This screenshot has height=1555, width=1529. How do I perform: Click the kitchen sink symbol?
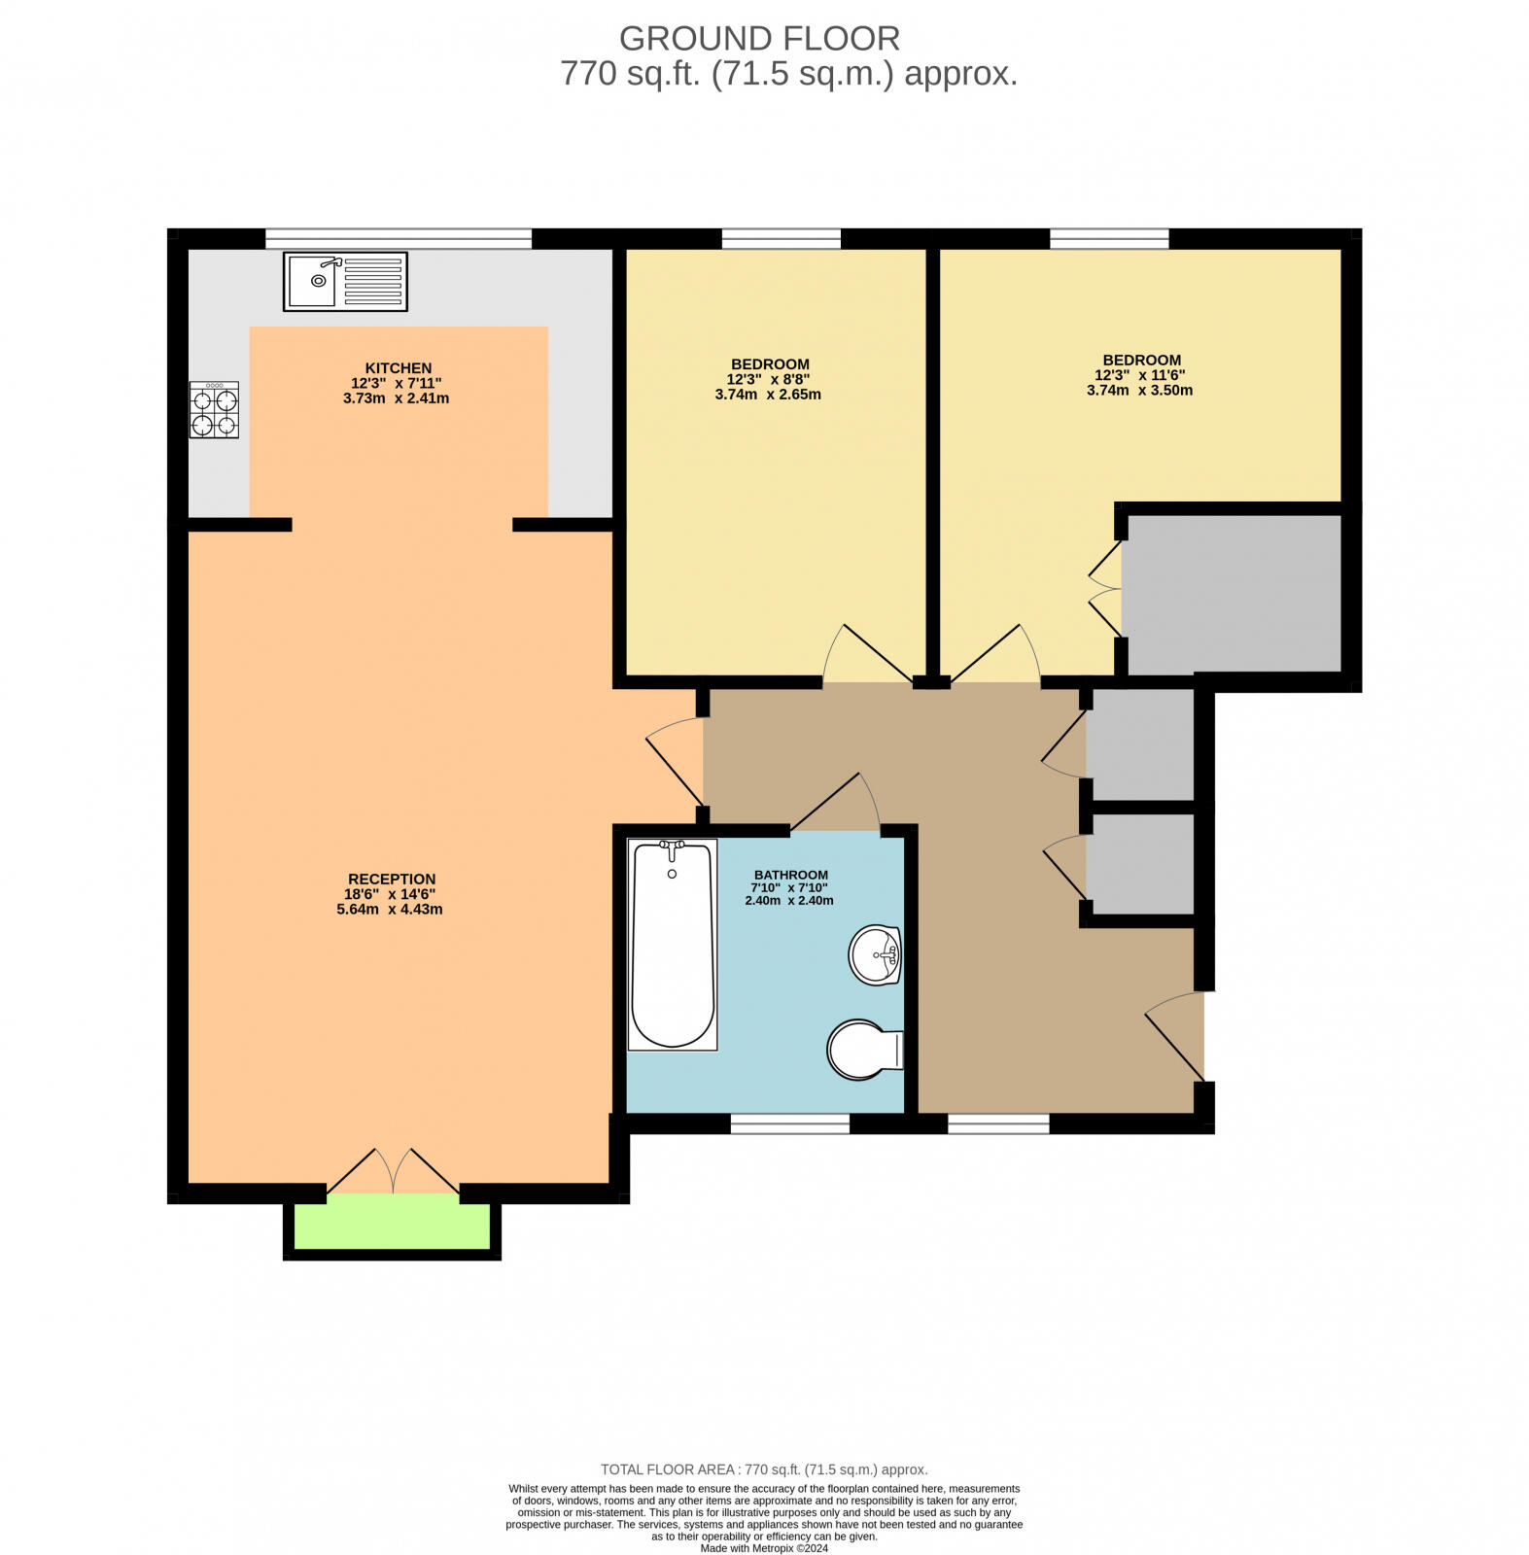344,282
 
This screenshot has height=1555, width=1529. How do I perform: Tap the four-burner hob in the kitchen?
214,410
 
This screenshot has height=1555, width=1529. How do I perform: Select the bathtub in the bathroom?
672,945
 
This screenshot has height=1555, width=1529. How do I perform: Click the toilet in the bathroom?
864,1050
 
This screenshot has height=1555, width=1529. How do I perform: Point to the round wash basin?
875,954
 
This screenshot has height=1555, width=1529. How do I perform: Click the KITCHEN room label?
398,367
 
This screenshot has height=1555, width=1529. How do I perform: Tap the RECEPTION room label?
392,879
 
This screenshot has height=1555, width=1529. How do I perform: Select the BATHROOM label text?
789,875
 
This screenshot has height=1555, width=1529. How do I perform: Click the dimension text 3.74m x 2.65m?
768,395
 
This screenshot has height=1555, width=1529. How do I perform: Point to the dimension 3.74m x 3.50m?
1139,391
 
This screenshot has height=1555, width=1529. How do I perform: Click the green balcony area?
393,1227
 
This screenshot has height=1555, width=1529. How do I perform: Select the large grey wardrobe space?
1233,593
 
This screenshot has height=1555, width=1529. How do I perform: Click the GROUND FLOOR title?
759,39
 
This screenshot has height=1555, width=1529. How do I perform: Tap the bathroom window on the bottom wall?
789,1123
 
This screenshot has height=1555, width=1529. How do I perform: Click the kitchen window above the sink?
398,238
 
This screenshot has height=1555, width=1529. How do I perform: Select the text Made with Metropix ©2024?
764,1548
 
